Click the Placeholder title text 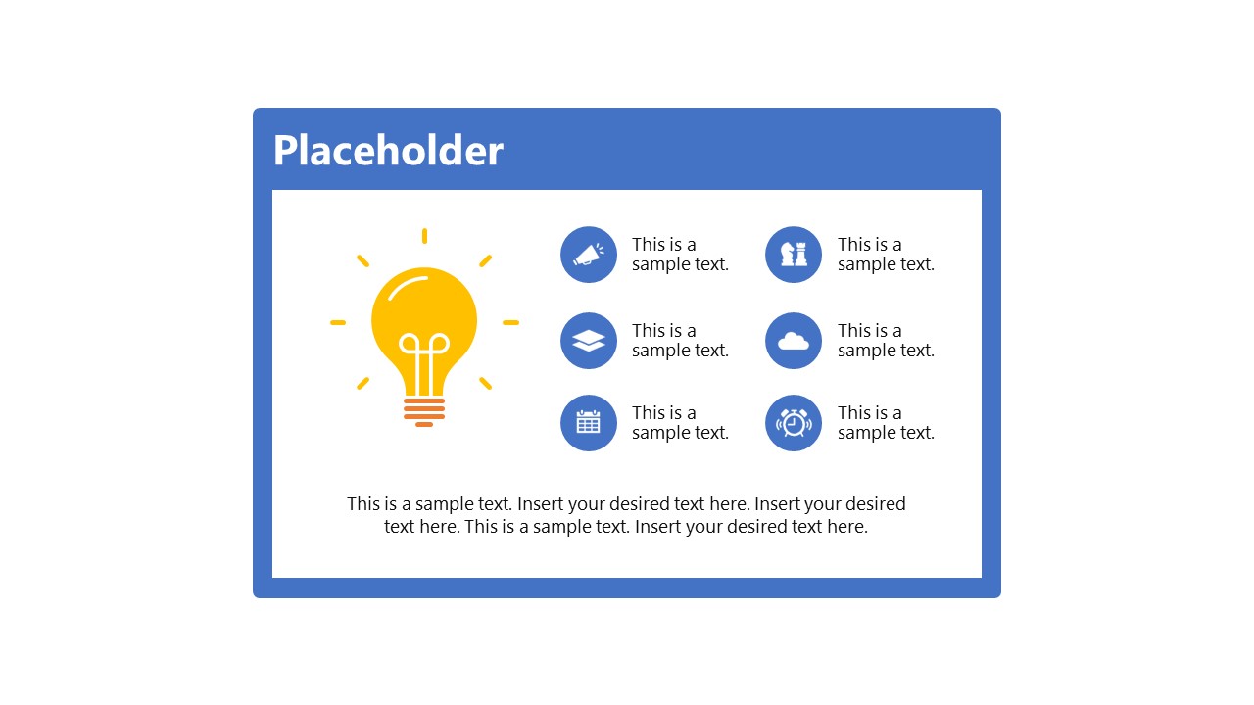388,151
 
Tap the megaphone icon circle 589,255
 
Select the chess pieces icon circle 794,255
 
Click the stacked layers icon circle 589,341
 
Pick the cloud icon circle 794,341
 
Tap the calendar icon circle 589,423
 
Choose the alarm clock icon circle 794,423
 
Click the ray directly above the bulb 424,235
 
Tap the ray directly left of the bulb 338,322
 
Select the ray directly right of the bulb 510,322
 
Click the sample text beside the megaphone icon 680,255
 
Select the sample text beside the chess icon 886,255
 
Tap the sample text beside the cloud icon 886,341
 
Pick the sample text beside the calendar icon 680,423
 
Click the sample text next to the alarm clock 886,423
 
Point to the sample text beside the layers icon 680,341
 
